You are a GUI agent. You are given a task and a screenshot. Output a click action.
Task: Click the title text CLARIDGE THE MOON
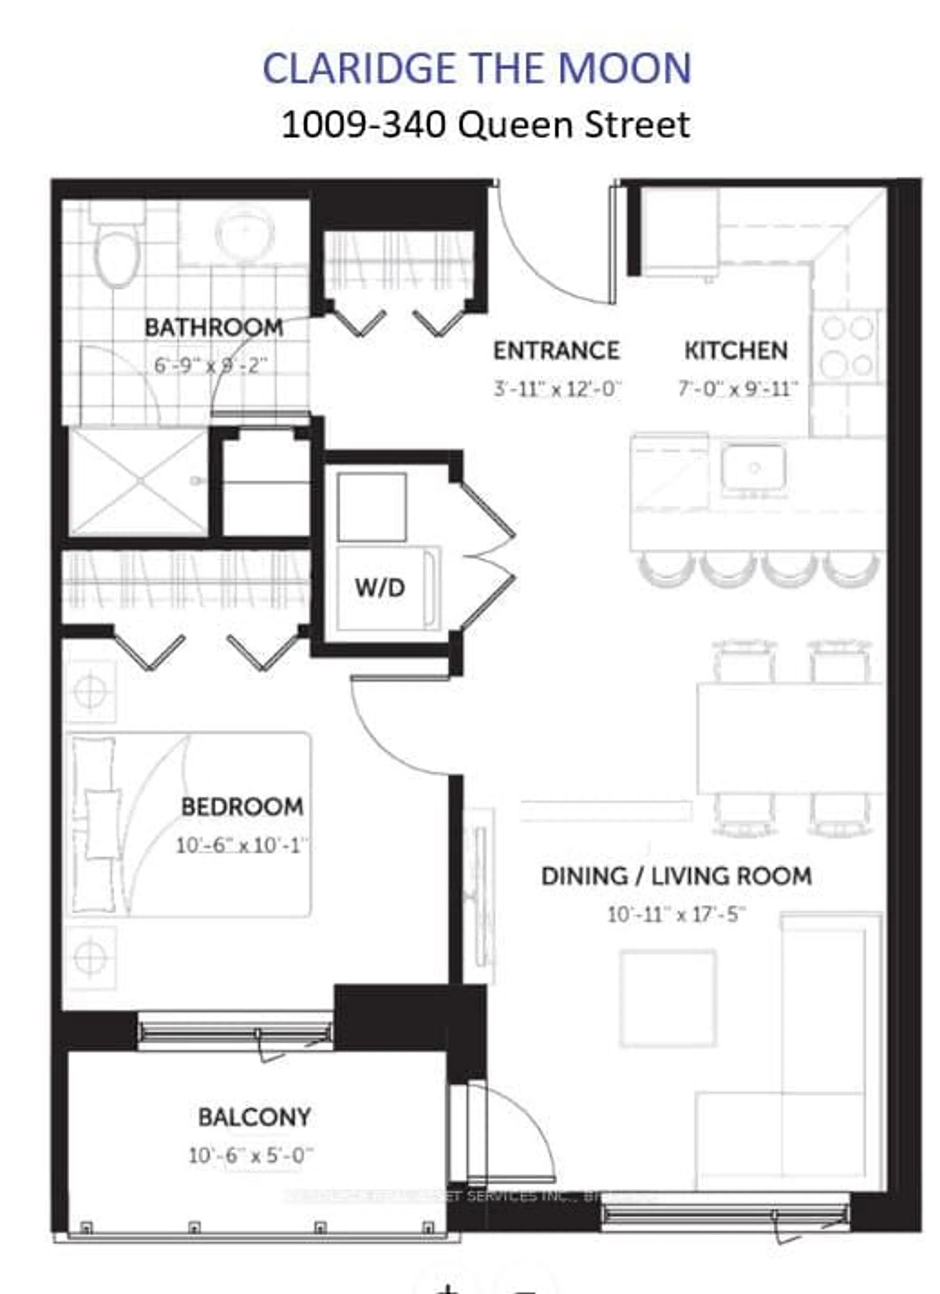tap(477, 69)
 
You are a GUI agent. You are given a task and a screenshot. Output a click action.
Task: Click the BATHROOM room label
tap(213, 327)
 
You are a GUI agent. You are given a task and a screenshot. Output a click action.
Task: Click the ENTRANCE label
tap(556, 350)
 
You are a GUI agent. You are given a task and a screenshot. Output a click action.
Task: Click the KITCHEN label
tap(736, 350)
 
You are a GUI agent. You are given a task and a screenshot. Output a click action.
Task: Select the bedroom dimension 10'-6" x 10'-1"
tap(242, 845)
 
